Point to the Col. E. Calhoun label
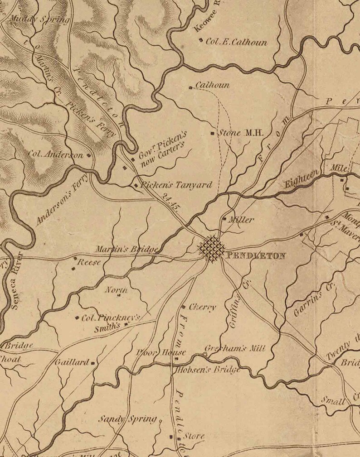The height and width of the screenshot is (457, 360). click(236, 43)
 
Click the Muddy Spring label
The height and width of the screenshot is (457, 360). click(39, 19)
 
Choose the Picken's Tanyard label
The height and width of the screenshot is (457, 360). click(176, 185)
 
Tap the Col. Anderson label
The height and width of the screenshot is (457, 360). click(56, 154)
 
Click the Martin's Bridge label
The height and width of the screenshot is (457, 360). click(127, 249)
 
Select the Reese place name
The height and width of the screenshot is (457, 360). click(89, 262)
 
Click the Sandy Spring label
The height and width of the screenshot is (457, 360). click(128, 419)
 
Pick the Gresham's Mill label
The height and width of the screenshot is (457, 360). click(234, 349)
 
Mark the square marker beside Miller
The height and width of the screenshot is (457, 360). click(224, 219)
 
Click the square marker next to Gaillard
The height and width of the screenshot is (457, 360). click(93, 363)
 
